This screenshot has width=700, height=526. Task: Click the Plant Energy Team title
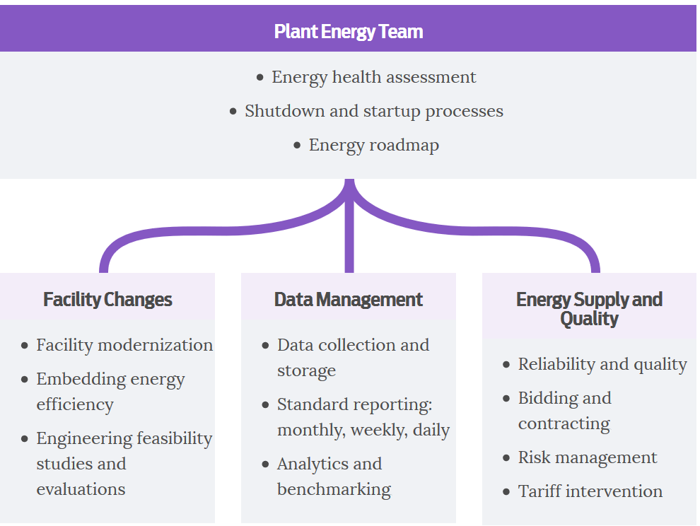349,32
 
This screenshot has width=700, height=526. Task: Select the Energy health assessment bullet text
374,77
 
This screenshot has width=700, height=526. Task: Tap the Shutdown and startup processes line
374,111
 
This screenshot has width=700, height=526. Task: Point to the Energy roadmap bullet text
374,145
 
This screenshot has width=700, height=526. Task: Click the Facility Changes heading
107,300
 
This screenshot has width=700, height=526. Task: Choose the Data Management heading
348,300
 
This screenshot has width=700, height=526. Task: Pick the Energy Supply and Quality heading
589,309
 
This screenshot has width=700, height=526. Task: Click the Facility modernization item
124,345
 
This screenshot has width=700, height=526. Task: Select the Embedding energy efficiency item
111,392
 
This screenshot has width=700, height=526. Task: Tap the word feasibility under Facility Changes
175,438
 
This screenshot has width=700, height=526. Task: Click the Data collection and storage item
353,358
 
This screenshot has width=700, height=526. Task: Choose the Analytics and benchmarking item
334,477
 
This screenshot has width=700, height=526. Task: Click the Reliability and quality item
602,364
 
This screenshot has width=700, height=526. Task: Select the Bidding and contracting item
565,411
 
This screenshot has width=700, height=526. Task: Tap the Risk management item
588,457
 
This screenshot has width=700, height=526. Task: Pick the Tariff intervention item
590,491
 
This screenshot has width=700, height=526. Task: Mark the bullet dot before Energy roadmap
297,146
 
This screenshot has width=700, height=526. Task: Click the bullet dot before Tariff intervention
506,492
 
